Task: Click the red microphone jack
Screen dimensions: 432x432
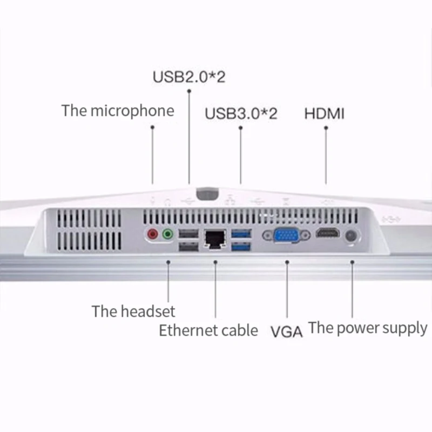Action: point(153,235)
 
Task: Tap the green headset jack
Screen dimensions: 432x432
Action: point(168,235)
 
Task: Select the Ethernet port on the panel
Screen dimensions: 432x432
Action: point(214,238)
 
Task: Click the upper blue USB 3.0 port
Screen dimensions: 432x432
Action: point(241,234)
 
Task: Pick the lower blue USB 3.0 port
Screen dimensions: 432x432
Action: point(241,247)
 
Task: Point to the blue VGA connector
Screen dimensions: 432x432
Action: point(286,235)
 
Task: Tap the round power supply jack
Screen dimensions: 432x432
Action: point(352,236)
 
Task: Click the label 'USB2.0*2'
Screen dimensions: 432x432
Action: point(188,76)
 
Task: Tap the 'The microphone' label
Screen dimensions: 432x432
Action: point(118,111)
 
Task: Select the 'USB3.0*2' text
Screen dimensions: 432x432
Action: point(241,114)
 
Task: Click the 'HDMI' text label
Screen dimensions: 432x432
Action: point(325,114)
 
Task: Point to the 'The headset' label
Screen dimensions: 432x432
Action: point(133,312)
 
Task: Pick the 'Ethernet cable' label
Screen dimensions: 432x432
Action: point(208,330)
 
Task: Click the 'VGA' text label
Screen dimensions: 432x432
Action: point(286,331)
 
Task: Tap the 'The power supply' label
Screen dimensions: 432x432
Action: point(368,328)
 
